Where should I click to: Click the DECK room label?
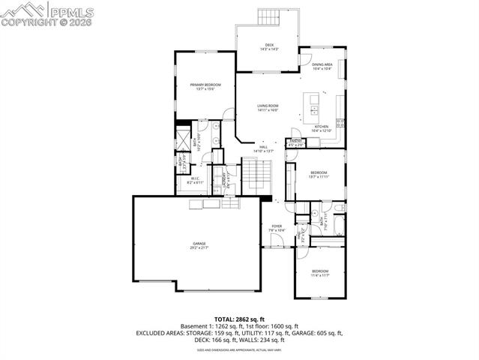(269, 46)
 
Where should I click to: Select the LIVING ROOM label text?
(268, 108)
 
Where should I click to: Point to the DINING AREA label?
(322, 66)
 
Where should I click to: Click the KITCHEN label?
(321, 128)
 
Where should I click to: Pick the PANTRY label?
(296, 142)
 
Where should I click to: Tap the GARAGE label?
(199, 244)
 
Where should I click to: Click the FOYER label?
(277, 226)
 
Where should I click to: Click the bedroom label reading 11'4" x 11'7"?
(320, 272)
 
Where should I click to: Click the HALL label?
(264, 148)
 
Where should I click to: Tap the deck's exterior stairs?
(268, 16)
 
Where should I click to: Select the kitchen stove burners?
(340, 122)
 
